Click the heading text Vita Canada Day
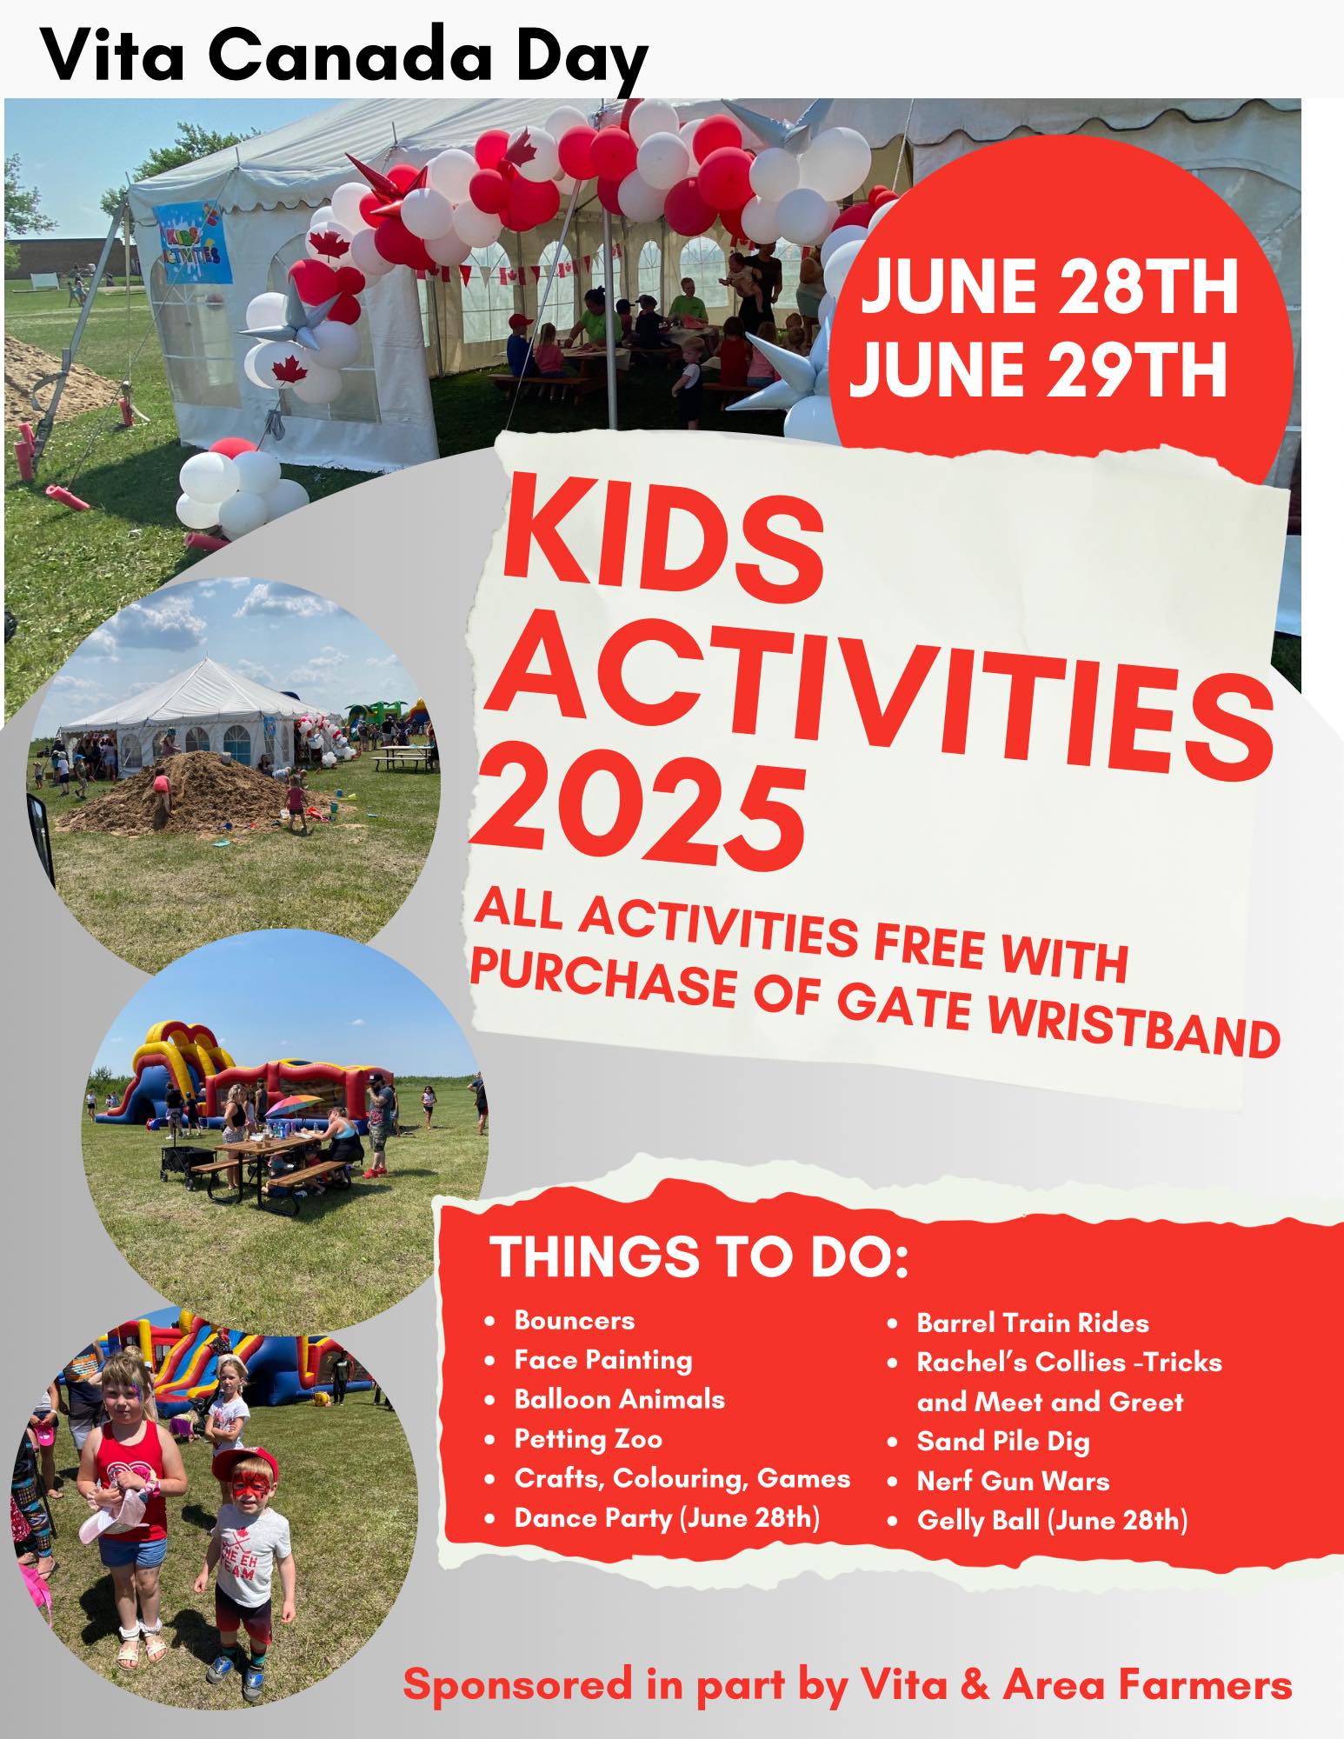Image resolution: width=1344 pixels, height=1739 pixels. (344, 56)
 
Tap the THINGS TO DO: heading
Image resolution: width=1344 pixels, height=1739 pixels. (700, 1256)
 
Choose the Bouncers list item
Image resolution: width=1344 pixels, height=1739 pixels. (574, 1320)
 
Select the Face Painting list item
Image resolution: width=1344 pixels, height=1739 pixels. (603, 1359)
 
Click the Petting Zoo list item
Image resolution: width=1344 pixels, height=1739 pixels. (588, 1439)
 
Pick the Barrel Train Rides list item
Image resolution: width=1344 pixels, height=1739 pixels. (1033, 1323)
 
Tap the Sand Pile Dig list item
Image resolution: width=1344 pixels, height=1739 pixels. (1003, 1443)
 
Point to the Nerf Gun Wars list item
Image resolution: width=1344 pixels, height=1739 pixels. (1013, 1481)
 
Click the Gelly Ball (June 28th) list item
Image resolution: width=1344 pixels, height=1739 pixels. (1052, 1521)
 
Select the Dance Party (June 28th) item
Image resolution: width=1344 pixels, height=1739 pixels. (667, 1518)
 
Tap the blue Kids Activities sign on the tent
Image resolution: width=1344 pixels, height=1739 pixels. (193, 243)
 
